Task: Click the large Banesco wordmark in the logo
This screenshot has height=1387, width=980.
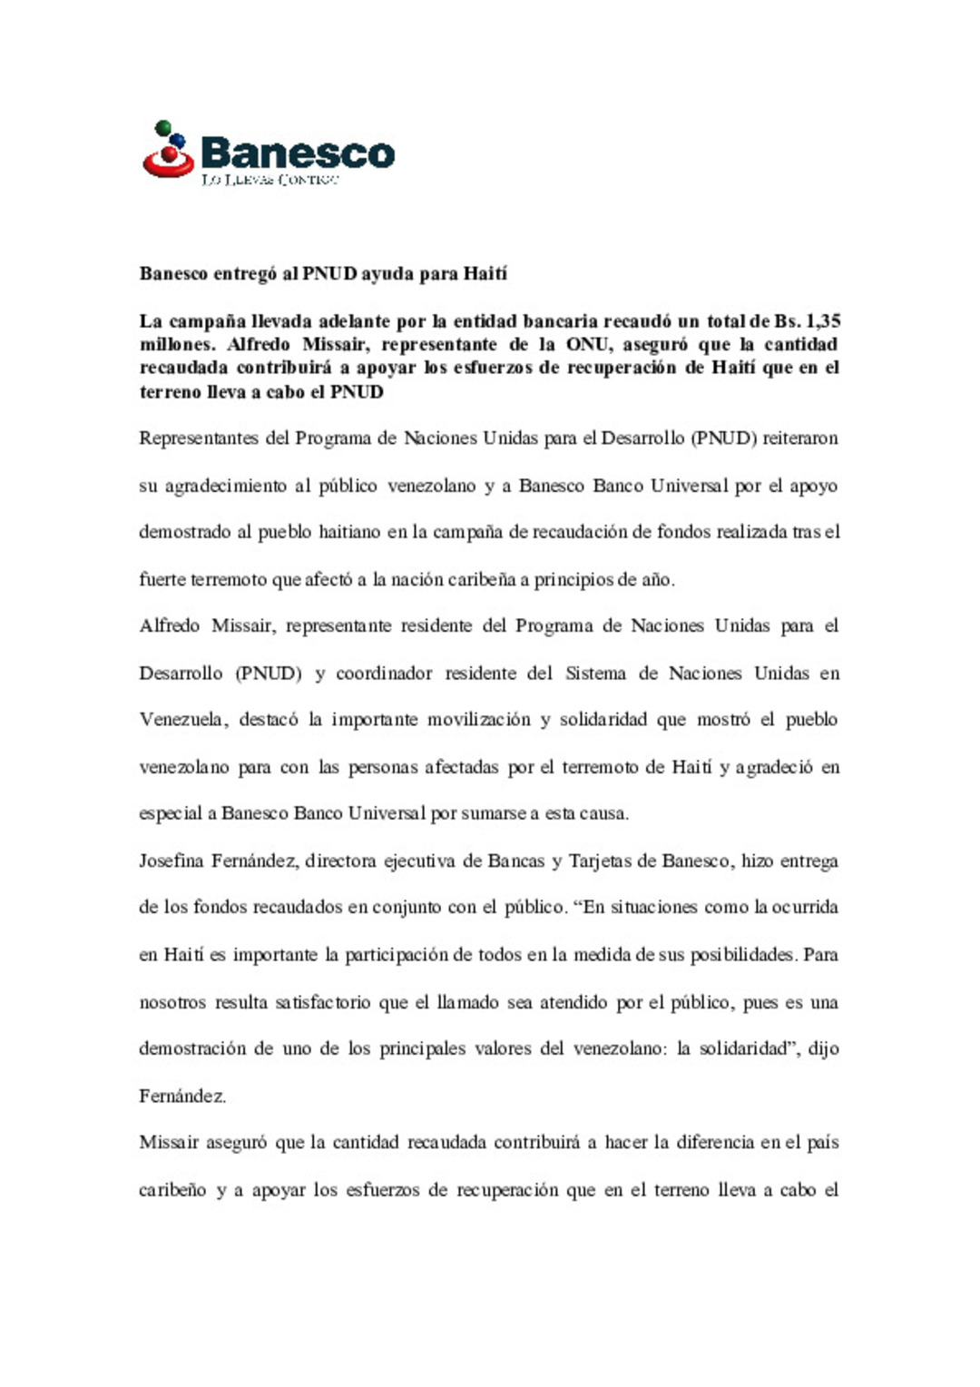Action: (298, 152)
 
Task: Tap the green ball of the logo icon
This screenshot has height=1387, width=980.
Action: (163, 128)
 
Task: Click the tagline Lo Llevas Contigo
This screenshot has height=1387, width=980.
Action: (269, 180)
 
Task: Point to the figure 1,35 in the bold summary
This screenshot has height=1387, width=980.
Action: (823, 321)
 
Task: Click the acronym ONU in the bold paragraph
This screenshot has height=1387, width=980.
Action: (587, 345)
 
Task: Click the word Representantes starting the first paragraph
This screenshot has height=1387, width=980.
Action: (198, 438)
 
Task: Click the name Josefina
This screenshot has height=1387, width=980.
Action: (171, 861)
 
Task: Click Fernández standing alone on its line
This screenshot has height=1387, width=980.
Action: (181, 1097)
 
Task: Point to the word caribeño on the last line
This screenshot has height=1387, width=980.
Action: (172, 1190)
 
